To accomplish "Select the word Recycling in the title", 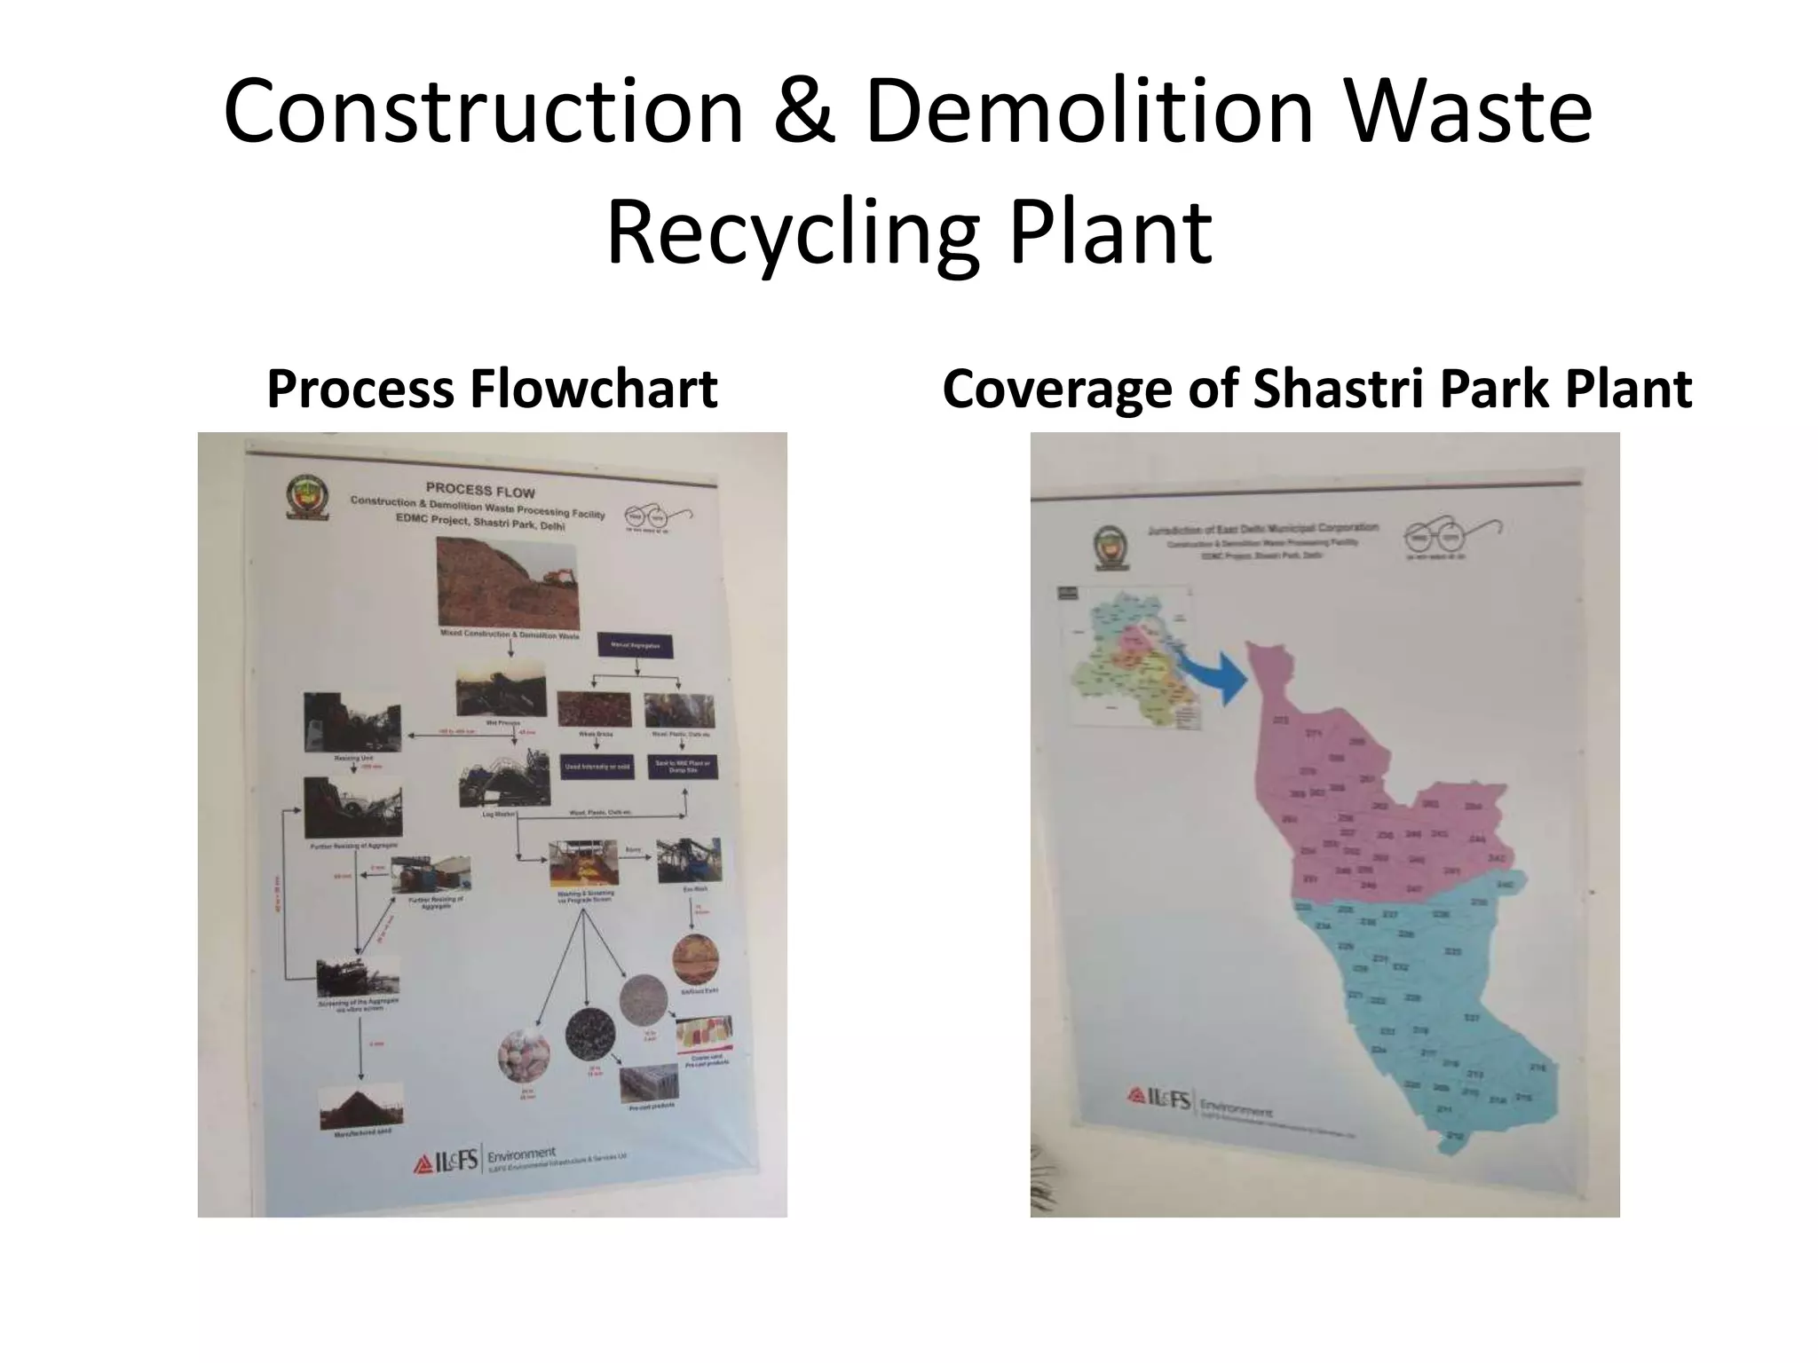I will (x=793, y=232).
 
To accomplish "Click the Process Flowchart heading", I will (x=492, y=390).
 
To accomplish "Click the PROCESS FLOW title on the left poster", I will (x=480, y=491).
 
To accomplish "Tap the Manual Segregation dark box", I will (x=636, y=646).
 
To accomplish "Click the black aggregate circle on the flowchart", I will (x=590, y=1034).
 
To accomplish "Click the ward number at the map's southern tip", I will (x=1454, y=1137).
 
